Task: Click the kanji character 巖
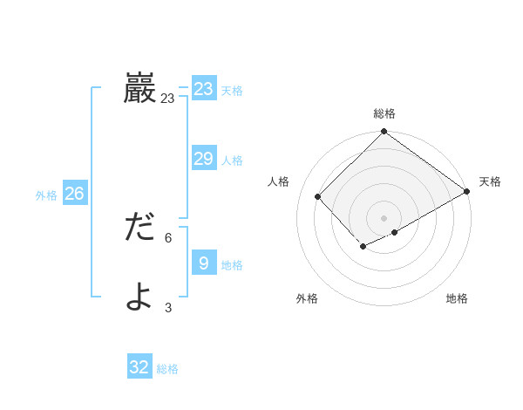pyautogui.click(x=139, y=88)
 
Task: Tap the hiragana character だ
pyautogui.click(x=139, y=228)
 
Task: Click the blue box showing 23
pyautogui.click(x=204, y=89)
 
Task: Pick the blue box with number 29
pyautogui.click(x=204, y=158)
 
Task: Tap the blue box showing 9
pyautogui.click(x=204, y=263)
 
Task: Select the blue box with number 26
pyautogui.click(x=74, y=193)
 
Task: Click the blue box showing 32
pyautogui.click(x=139, y=367)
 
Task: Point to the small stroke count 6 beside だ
pyautogui.click(x=168, y=237)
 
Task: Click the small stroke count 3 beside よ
pyautogui.click(x=168, y=307)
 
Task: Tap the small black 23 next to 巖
pyautogui.click(x=167, y=99)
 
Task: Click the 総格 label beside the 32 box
pyautogui.click(x=167, y=369)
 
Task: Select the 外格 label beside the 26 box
pyautogui.click(x=46, y=195)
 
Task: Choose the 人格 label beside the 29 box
pyautogui.click(x=232, y=161)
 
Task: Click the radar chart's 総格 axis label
pyautogui.click(x=384, y=113)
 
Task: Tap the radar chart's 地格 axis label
pyautogui.click(x=457, y=298)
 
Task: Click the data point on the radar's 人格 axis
pyautogui.click(x=318, y=197)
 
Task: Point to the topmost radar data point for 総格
pyautogui.click(x=384, y=132)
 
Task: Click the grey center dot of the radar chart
pyautogui.click(x=384, y=217)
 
